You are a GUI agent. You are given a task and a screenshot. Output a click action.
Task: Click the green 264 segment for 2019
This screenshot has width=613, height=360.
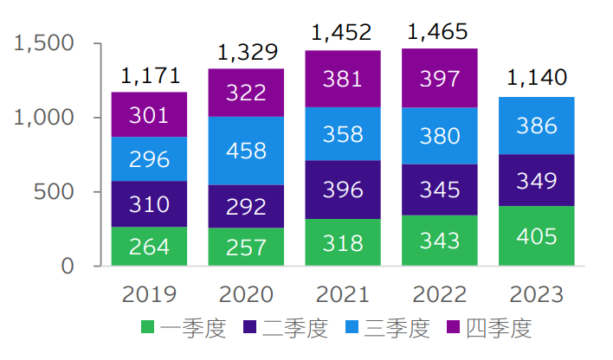click(149, 247)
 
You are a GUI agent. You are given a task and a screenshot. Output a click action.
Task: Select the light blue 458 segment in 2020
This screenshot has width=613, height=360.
click(246, 151)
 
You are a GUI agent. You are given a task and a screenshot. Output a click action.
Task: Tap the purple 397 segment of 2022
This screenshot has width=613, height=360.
click(439, 78)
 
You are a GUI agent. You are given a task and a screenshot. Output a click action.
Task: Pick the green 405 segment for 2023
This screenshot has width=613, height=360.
click(536, 235)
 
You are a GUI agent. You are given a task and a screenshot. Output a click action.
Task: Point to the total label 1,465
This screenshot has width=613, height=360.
click(439, 33)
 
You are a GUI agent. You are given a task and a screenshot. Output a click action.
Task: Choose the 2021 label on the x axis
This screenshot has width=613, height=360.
click(343, 294)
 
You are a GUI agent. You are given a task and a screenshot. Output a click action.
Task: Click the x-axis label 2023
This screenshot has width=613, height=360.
click(536, 294)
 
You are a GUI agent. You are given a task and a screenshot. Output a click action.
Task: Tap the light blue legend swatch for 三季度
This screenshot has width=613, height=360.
click(352, 328)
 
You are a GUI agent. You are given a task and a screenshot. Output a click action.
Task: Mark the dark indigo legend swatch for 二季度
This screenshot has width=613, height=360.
click(249, 328)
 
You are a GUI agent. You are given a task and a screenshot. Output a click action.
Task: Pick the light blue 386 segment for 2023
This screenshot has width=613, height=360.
click(536, 125)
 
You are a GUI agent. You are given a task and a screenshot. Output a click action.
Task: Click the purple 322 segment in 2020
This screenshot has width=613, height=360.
click(246, 93)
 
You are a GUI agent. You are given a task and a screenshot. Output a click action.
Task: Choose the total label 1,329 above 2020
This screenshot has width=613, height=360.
click(246, 54)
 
